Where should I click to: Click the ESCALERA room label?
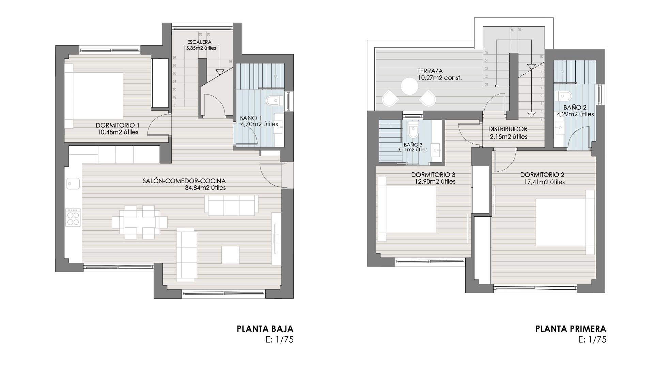click(199, 42)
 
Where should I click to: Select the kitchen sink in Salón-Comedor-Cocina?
click(73, 184)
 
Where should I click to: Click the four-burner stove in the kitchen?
click(73, 217)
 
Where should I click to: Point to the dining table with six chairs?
click(140, 222)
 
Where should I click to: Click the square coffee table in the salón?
click(230, 255)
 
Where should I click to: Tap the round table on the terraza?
click(409, 86)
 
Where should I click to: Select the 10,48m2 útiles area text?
click(118, 132)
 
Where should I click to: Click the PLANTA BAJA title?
click(265, 329)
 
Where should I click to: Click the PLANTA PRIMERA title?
click(571, 329)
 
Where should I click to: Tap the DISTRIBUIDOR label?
click(508, 129)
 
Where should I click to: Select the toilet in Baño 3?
click(413, 130)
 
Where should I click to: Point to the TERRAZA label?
click(430, 71)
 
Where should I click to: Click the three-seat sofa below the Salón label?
click(231, 205)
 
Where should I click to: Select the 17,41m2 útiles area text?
click(544, 182)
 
